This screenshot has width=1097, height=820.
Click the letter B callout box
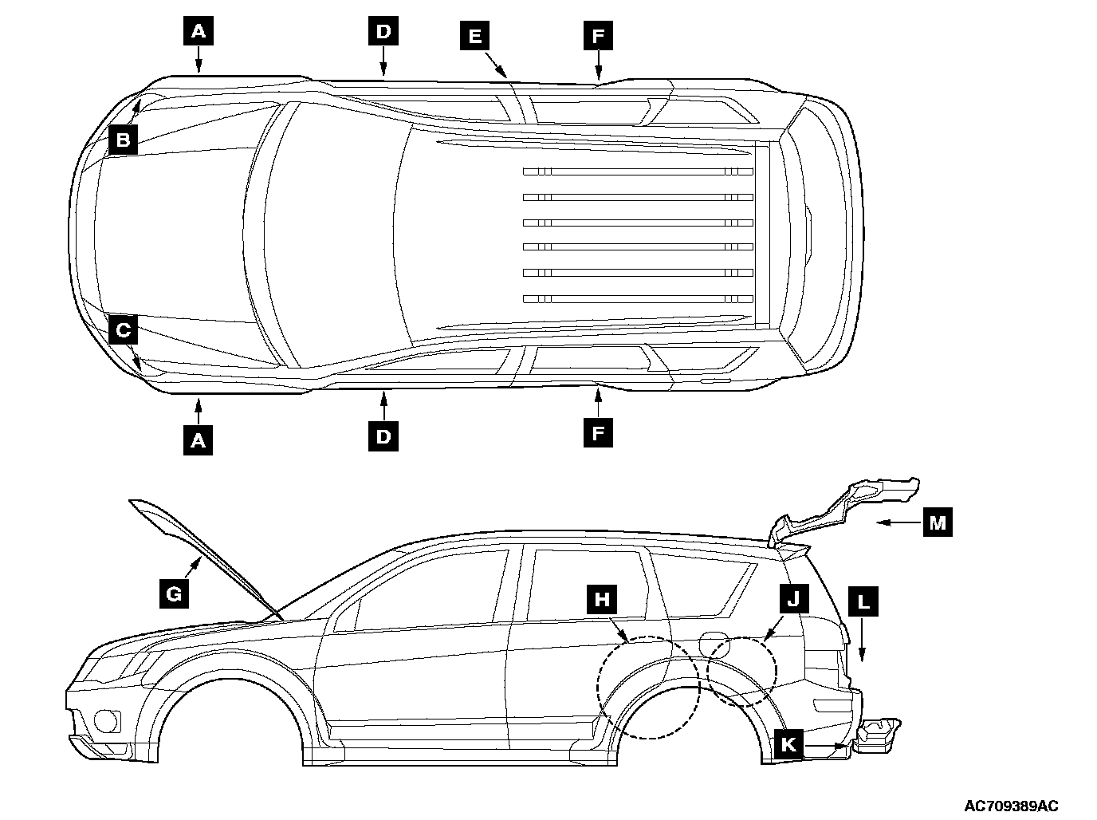pos(123,140)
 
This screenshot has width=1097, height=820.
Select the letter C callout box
pos(123,329)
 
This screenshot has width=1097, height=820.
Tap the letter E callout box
pos(474,36)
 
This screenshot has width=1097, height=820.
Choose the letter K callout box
pos(788,744)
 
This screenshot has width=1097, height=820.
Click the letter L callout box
pos(863,601)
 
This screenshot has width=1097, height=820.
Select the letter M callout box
pos(938,522)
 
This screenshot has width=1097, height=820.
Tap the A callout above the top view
pos(199,31)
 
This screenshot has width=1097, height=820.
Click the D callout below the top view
pos(383,436)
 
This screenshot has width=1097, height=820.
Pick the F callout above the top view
pos(598,36)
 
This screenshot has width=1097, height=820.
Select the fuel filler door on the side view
pos(711,643)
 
